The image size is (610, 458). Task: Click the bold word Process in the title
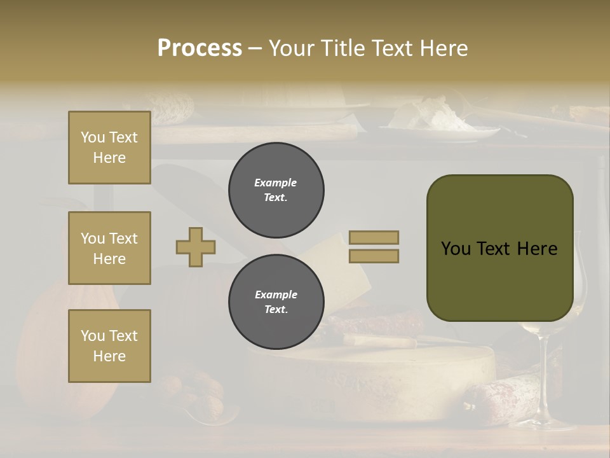pyautogui.click(x=200, y=48)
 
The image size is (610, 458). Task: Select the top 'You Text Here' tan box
pyautogui.click(x=109, y=148)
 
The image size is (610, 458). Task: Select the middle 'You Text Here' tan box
pyautogui.click(x=109, y=248)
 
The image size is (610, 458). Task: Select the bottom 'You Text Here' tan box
pyautogui.click(x=109, y=345)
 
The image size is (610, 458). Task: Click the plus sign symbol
pyautogui.click(x=196, y=247)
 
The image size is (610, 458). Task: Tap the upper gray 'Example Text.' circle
pyautogui.click(x=276, y=190)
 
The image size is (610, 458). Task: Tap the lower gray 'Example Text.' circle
pyautogui.click(x=276, y=302)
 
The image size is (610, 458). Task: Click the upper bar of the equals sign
pyautogui.click(x=374, y=237)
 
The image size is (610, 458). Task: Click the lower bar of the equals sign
pyautogui.click(x=374, y=256)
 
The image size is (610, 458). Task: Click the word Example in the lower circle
pyautogui.click(x=276, y=295)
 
